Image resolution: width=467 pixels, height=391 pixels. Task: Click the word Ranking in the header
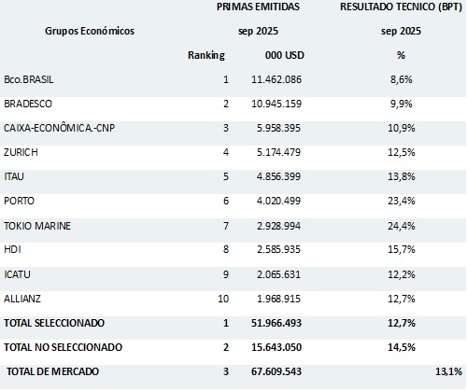[x=207, y=55]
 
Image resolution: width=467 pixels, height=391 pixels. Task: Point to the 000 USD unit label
[x=284, y=55]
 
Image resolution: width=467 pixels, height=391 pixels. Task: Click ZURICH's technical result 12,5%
[x=401, y=152]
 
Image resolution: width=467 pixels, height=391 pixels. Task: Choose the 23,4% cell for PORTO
[x=401, y=201]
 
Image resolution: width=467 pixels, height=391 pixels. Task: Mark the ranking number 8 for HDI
[x=225, y=249]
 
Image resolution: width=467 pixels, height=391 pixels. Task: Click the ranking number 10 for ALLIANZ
[x=222, y=298]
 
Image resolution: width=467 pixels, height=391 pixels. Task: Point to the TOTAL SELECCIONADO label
[x=53, y=322]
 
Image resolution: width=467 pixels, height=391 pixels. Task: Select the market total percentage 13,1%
[x=446, y=371]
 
